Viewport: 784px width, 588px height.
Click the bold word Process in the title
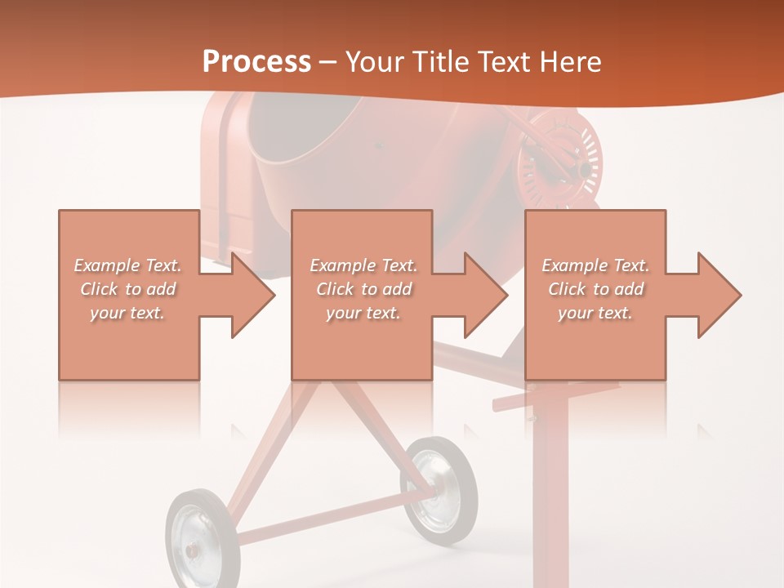tap(256, 62)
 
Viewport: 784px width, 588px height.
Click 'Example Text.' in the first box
tap(128, 265)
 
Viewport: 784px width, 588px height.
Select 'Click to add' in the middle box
tap(363, 289)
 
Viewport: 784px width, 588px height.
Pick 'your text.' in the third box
tap(595, 313)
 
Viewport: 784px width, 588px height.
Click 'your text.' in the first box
tap(128, 313)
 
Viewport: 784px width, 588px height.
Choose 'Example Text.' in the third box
tap(595, 265)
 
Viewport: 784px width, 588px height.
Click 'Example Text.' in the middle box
tap(363, 265)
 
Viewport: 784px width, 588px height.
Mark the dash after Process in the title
tap(327, 62)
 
